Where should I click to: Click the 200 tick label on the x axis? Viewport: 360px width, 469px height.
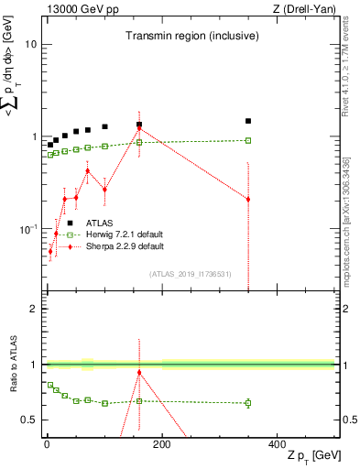tap(162, 443)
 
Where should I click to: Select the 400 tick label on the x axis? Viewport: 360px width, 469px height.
tap(277, 443)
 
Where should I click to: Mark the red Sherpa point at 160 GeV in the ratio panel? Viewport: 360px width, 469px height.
tap(139, 372)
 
